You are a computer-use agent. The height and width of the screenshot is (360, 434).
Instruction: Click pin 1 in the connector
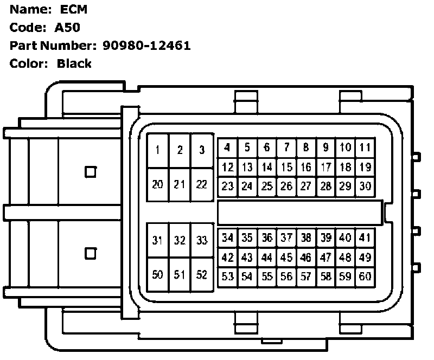[158, 150]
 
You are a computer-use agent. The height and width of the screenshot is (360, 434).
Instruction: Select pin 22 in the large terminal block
[202, 184]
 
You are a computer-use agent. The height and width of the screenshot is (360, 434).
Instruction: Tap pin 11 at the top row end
[365, 147]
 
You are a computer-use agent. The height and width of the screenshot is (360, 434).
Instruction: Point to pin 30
[365, 187]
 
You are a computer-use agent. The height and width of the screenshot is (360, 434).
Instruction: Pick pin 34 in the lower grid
[228, 237]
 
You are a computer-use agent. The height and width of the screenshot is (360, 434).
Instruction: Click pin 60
[365, 277]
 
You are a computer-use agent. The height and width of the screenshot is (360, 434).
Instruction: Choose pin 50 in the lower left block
[158, 275]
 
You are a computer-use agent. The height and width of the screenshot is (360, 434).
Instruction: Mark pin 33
[202, 240]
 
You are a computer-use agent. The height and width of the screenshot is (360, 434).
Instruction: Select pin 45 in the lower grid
[286, 257]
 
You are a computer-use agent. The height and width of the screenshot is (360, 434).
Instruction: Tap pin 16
[306, 167]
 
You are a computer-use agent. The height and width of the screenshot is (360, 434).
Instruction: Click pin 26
[286, 187]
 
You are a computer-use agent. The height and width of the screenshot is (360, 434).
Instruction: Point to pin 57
[306, 277]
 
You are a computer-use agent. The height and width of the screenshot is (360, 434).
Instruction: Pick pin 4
[228, 147]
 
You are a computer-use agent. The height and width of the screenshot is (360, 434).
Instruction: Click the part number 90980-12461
[146, 45]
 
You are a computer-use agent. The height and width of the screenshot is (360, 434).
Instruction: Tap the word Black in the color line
[74, 63]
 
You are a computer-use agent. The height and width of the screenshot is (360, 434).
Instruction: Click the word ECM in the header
[72, 9]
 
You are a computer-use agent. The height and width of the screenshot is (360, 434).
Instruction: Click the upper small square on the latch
[91, 172]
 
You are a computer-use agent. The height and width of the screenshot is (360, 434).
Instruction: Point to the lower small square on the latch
[91, 253]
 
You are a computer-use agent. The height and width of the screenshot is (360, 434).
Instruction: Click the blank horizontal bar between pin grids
[299, 212]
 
